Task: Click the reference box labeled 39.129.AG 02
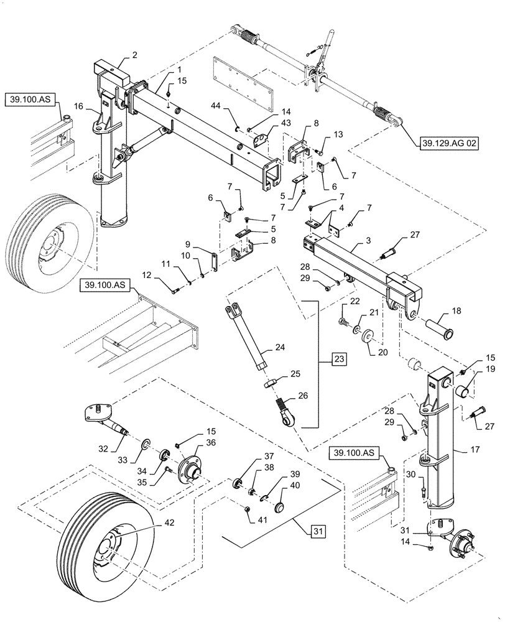click(444, 142)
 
